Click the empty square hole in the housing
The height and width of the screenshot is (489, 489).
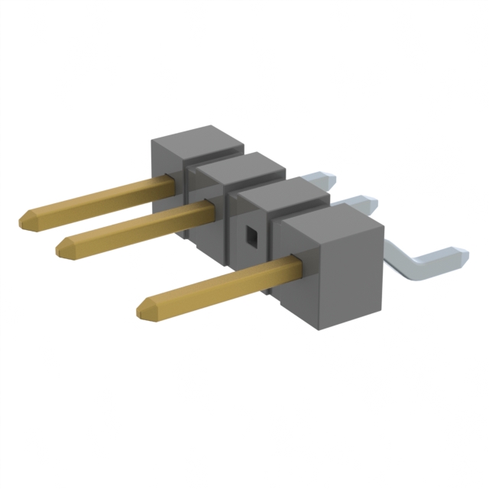tap(251, 238)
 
